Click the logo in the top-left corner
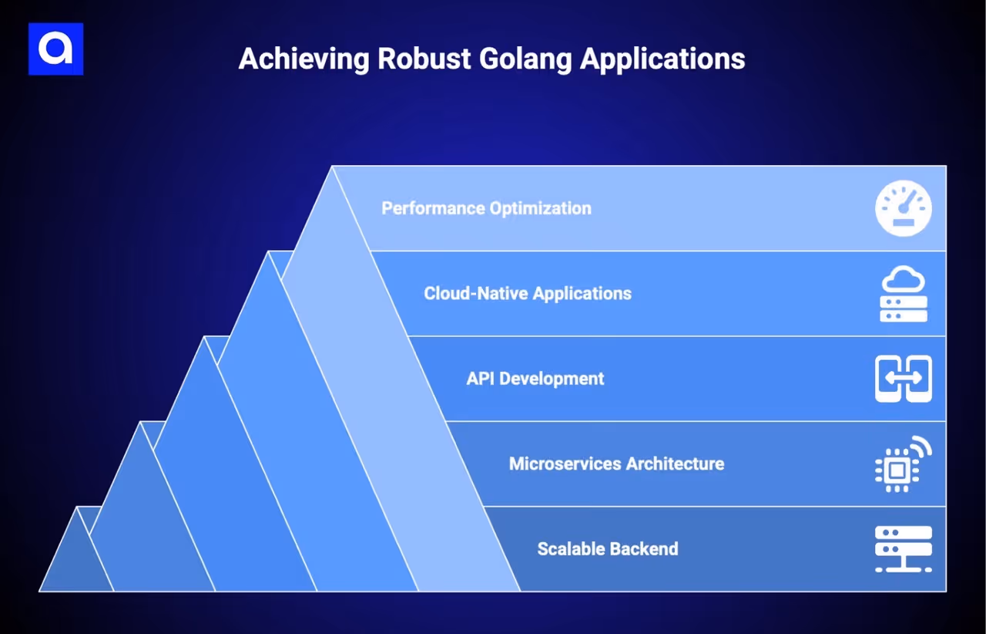(55, 49)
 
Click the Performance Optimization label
(486, 208)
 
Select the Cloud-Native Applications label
(528, 294)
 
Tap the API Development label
(535, 379)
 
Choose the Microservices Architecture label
(616, 464)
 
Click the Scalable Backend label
(608, 549)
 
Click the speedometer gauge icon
(903, 208)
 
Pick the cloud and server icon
(903, 294)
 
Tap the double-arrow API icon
(903, 379)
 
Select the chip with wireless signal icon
(903, 464)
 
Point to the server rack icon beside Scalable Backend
(903, 549)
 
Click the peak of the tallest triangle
(333, 170)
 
